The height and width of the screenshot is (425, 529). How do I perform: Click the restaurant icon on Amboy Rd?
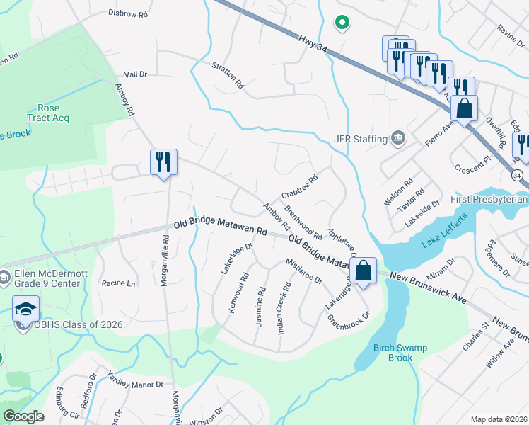[x=163, y=162]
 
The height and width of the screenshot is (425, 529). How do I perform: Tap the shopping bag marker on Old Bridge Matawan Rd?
[x=363, y=271]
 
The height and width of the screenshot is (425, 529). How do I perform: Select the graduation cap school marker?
[x=25, y=309]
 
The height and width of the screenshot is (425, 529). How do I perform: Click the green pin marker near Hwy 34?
[x=342, y=23]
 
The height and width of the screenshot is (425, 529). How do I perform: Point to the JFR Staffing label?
[x=361, y=139]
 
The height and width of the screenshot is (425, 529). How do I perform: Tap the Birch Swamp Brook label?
[x=390, y=353]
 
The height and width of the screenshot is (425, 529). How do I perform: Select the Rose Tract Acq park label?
[x=47, y=112]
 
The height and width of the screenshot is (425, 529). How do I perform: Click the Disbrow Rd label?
[x=128, y=13]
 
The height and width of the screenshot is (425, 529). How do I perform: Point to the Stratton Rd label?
[x=227, y=74]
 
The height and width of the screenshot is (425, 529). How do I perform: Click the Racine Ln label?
[x=118, y=283]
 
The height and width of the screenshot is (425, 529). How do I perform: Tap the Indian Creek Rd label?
[x=285, y=306]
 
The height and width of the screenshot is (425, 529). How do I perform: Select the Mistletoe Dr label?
[x=304, y=271]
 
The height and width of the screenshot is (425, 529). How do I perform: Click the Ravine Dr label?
[x=509, y=31]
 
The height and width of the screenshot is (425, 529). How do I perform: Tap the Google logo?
[x=23, y=416]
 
